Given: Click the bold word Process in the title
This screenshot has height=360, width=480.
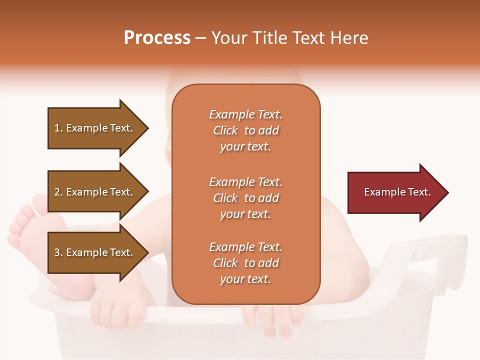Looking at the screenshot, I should (157, 38).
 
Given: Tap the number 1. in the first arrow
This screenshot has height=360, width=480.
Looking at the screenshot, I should (58, 128).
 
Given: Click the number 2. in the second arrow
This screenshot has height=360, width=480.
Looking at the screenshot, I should (58, 192).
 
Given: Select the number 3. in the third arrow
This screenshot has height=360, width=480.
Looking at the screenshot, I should (58, 252).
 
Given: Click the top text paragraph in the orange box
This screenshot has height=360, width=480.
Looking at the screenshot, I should (245, 130).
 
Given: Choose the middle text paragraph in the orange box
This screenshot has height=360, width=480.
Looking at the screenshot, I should (245, 198).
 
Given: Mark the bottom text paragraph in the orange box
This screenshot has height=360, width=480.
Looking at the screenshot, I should (245, 263).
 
